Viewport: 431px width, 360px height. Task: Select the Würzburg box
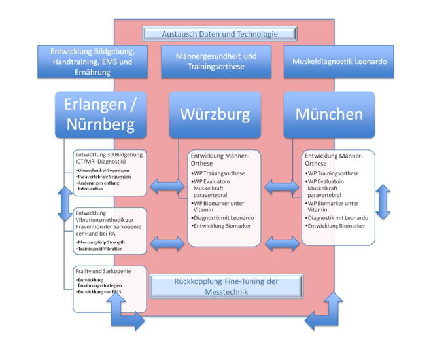(215, 115)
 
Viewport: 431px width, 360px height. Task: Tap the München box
(328, 115)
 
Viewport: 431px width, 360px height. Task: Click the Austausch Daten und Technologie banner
(220, 34)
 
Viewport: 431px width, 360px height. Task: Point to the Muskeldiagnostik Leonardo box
(339, 62)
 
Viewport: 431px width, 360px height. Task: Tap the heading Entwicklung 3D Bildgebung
(109, 154)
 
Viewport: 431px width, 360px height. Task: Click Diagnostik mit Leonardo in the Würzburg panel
(224, 217)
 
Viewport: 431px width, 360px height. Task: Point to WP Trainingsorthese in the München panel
(334, 173)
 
